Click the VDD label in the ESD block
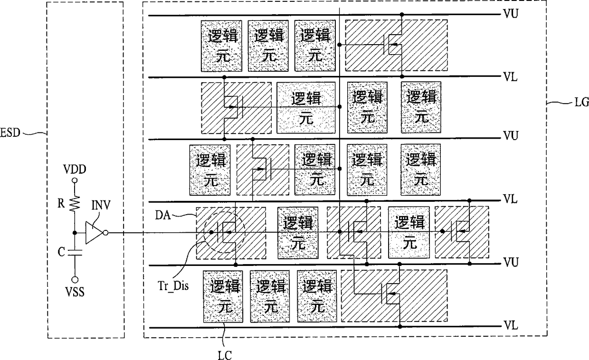75,170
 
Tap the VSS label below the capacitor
75,292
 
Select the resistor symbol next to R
75,203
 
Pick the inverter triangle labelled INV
94,233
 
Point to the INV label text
101,205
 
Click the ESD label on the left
10,133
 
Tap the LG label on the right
581,102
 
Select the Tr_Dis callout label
173,286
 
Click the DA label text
163,215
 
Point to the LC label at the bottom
225,355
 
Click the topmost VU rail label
511,13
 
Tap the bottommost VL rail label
511,325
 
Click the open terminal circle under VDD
75,180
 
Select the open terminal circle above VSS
75,280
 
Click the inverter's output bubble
106,233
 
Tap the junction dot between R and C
75,233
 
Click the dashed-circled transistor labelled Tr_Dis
225,232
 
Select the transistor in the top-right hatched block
392,45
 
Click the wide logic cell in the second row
306,107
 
